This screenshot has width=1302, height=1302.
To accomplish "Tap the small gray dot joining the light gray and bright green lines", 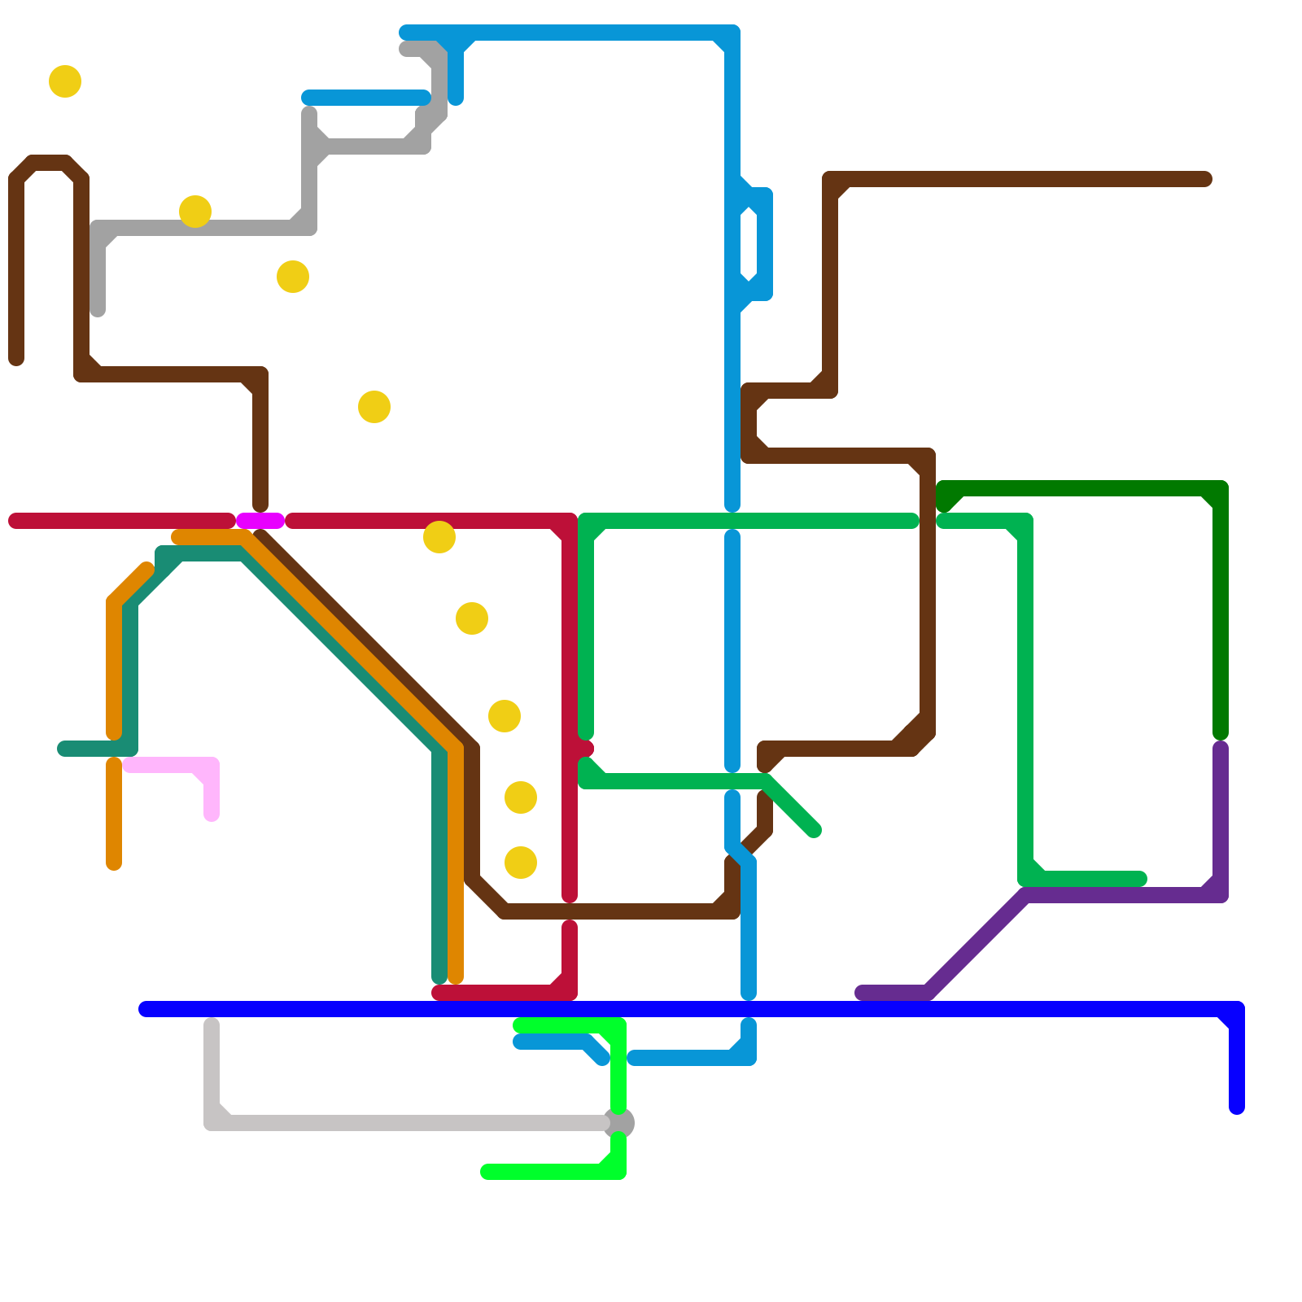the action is point(618,1123).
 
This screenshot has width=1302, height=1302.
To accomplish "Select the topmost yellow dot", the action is point(65,81).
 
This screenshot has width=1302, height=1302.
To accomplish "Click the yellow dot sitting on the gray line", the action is point(195,212).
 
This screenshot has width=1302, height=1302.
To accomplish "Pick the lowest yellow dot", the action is point(521,863).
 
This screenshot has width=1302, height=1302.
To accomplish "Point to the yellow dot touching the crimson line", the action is point(439,537).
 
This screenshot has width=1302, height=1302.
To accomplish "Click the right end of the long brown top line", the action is point(1205,179).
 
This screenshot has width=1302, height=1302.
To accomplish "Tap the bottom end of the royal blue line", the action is point(1237,1108).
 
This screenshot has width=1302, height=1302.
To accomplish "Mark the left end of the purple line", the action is point(862,993).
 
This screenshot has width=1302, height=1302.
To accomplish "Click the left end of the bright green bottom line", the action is point(487,1172).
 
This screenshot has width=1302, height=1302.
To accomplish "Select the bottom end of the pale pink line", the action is point(212,815).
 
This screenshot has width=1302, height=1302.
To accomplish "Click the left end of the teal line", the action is point(64,749).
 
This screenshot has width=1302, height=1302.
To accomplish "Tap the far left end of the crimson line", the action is point(15,521).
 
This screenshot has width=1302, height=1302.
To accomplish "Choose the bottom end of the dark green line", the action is point(1221,733).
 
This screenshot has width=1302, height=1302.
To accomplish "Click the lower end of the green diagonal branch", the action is point(814,830).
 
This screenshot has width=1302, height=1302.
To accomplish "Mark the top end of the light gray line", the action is point(212,1025).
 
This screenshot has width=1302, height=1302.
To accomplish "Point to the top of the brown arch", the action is point(49,163).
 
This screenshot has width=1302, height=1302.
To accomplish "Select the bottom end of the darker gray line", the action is point(98,310).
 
